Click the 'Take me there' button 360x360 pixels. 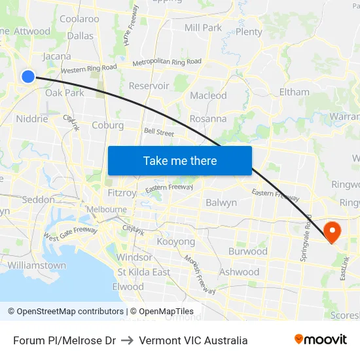click(179, 160)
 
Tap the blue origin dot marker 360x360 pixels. click(28, 77)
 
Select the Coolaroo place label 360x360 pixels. click(79, 19)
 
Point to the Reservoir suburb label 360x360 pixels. click(149, 86)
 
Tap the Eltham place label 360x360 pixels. click(294, 92)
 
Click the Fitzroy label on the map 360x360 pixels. click(122, 193)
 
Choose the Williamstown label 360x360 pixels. click(37, 266)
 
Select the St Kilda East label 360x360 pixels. click(143, 272)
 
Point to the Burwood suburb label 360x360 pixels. click(247, 251)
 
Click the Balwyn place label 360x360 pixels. click(221, 203)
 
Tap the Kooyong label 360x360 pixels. click(176, 242)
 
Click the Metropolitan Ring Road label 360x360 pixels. click(166, 62)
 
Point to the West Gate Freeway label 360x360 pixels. click(70, 231)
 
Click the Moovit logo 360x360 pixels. click(320, 340)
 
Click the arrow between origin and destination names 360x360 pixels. click(127, 340)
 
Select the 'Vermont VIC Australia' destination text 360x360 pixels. click(193, 340)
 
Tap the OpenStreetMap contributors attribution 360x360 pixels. click(65, 312)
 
